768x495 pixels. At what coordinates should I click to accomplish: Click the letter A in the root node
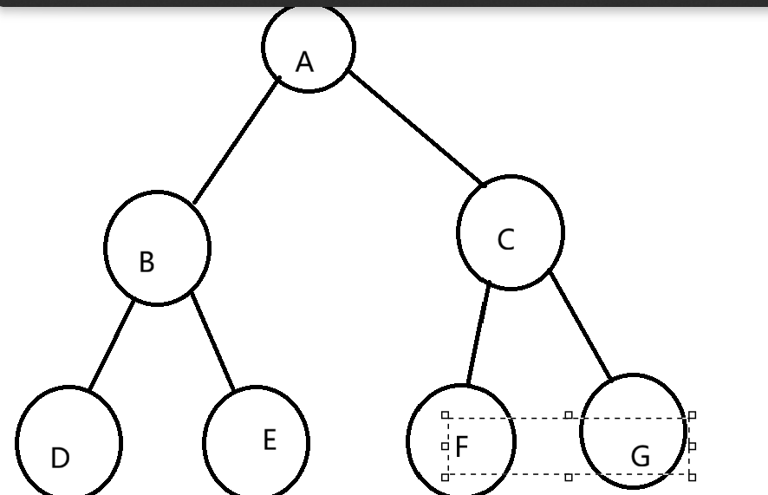pos(304,62)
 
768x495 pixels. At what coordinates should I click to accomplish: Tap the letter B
pos(146,262)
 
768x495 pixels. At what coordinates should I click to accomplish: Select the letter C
pos(506,240)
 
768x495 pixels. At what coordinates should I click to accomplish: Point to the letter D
pos(60,458)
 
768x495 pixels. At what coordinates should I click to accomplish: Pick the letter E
pos(270,440)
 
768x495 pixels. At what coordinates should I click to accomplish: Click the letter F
pos(461,447)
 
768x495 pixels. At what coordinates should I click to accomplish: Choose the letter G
pos(641,456)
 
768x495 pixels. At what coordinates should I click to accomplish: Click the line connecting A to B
pos(236,141)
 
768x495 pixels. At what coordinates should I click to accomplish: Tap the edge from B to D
pos(112,345)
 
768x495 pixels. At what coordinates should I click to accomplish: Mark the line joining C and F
pos(478,333)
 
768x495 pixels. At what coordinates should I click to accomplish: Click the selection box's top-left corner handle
pos(446,415)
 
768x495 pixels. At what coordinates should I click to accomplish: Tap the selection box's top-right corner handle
pos(692,415)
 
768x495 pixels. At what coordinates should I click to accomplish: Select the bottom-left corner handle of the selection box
pos(446,477)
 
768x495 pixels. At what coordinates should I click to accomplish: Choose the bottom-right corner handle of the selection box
pos(692,477)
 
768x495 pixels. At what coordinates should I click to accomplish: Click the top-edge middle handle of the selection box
pos(569,415)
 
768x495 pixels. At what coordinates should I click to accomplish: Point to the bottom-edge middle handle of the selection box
pos(569,477)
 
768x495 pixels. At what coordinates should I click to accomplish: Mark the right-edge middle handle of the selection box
pos(692,446)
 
